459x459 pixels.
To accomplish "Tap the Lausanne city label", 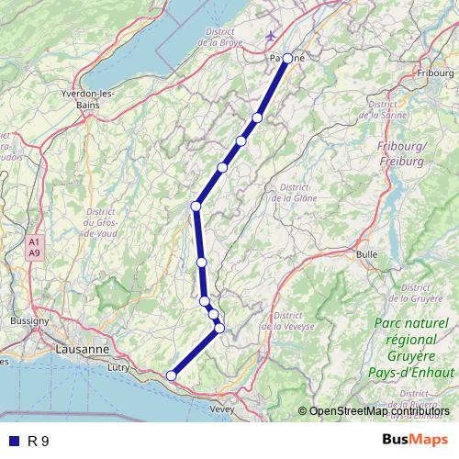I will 83,350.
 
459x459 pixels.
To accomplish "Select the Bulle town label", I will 367,252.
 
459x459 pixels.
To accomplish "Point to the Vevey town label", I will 223,409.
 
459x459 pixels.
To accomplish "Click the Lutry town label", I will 119,367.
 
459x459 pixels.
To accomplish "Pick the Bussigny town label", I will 29,321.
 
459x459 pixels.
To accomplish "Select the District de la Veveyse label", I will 287,320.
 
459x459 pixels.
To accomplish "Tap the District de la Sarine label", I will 408,109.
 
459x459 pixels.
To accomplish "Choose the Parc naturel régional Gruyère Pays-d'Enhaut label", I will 414,348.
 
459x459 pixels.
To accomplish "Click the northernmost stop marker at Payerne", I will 287,58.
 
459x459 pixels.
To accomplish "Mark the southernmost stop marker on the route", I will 171,375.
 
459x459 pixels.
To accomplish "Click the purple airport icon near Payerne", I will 270,36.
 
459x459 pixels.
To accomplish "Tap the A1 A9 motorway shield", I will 35,247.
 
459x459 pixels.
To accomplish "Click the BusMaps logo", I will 416,440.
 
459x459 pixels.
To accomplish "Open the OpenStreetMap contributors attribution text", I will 380,411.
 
